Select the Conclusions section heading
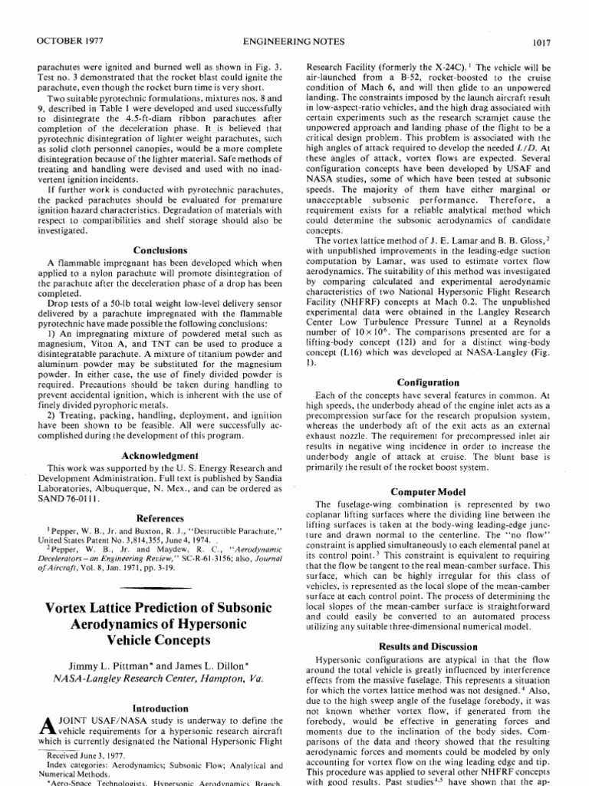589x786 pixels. click(160, 250)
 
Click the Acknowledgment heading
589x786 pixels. click(160, 454)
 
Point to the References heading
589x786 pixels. click(160, 518)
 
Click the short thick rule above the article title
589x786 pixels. click(160, 587)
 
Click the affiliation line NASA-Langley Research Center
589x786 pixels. click(160, 678)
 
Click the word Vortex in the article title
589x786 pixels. click(72, 608)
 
